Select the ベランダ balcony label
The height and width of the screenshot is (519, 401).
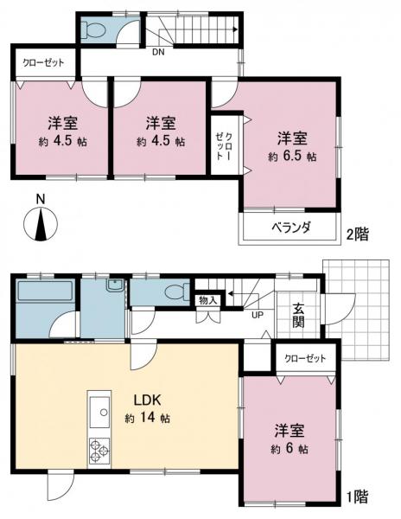click(290, 227)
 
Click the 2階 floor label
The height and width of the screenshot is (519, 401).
click(359, 234)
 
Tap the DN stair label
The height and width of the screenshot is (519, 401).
click(158, 53)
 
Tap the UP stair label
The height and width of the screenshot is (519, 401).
click(257, 314)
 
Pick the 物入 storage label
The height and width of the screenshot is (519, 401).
click(207, 300)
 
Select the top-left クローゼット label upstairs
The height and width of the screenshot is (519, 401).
click(43, 63)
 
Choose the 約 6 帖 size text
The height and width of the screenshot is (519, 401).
click(290, 450)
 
